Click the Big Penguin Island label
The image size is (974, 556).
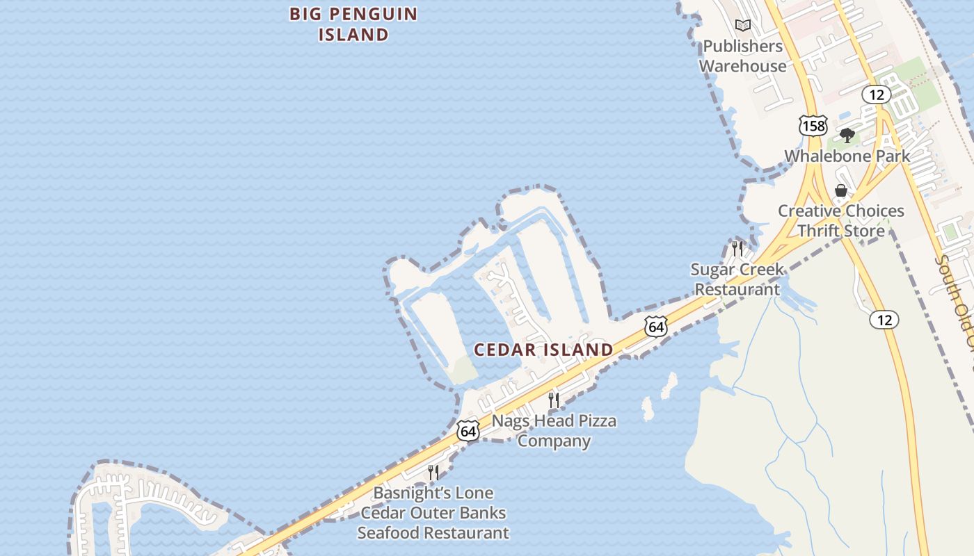353,24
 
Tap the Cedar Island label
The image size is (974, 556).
543,350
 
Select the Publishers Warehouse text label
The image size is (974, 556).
742,56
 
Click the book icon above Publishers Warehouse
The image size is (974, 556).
743,26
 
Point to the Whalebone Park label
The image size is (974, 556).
847,156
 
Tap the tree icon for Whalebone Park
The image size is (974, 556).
847,135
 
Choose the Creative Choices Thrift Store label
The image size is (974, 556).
840,220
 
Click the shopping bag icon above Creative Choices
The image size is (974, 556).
841,190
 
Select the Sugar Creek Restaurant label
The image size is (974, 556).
737,279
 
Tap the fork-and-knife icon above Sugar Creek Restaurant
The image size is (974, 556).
737,248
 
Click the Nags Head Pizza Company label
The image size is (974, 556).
554,430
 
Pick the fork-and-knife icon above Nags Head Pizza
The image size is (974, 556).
554,400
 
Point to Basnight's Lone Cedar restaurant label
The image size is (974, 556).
433,513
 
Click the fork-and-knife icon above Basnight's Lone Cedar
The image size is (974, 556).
433,473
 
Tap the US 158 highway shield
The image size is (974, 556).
813,125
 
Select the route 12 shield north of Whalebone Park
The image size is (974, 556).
876,95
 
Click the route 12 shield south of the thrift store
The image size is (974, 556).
884,320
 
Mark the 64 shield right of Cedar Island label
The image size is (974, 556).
655,326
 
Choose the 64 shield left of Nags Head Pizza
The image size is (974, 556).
468,431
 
